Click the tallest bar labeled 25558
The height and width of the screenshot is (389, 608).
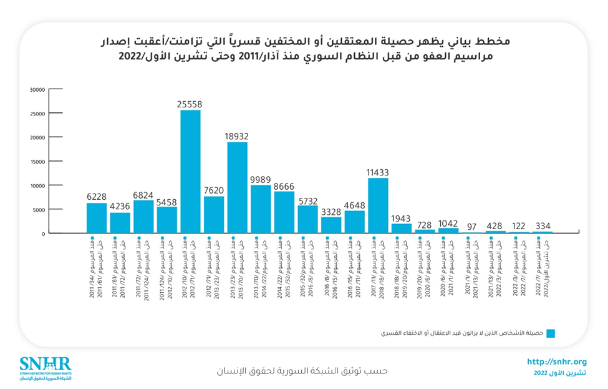pos(190,172)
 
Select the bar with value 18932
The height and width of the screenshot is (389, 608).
pos(237,187)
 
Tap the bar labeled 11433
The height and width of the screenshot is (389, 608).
pos(378,205)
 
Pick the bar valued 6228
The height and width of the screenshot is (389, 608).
pos(97,218)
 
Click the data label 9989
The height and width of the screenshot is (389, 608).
pos(261,180)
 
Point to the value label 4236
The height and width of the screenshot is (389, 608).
pos(120,207)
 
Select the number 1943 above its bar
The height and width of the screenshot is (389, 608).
pos(402,219)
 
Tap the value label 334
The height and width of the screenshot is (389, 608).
pos(543,225)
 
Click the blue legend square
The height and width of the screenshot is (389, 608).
pos(551,333)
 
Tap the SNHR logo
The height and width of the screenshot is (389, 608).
pos(46,368)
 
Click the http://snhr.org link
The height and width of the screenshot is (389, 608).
pos(557,362)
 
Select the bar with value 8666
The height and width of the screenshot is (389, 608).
pos(284,212)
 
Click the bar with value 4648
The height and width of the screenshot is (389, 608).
pos(355,222)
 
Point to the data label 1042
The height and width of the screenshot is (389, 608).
pos(448,223)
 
